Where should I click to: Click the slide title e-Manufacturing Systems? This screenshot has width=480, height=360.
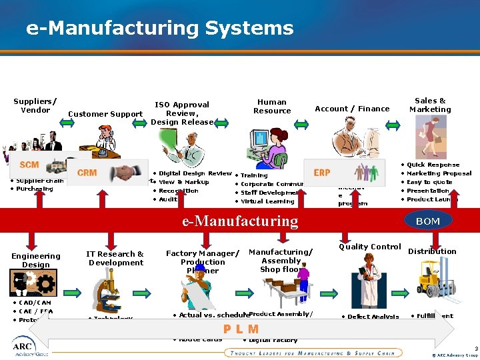coord(159,29)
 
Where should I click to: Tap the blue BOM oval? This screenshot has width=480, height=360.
coord(427,220)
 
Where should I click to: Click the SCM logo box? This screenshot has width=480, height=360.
coord(29,165)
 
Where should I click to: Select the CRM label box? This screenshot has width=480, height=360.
coord(87,173)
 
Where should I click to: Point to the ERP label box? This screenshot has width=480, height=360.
coord(322,172)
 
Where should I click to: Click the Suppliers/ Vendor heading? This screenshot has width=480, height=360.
coord(35,105)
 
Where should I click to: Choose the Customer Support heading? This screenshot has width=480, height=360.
coord(105,114)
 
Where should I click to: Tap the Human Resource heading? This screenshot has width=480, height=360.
coord(272,106)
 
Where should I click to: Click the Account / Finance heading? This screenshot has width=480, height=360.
coord(352,109)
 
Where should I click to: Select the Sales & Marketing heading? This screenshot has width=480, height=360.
coord(430,105)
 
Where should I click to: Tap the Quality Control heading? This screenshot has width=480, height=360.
coord(370,247)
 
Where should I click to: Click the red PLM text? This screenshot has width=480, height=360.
coord(241,329)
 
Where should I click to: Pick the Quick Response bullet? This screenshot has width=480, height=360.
coord(433,165)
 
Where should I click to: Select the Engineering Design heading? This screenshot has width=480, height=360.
coord(36,260)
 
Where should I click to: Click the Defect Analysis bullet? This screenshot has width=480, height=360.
coord(372,317)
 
